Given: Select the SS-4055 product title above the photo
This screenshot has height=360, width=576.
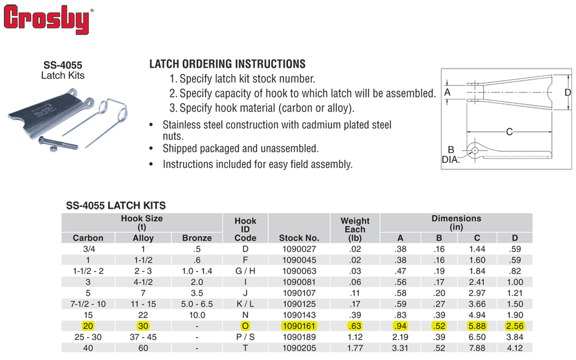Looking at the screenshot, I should coord(62,64).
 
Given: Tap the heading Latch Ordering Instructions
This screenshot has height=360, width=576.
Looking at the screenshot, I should coord(227,64).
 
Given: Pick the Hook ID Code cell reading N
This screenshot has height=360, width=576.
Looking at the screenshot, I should coord(245,315).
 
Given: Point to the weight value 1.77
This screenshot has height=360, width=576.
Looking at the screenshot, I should coord(355,348).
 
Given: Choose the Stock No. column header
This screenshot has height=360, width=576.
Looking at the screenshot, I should coord(299,238).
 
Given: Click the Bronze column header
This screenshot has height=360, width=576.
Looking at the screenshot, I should coord(197,238).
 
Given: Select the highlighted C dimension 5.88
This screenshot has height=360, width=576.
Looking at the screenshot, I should coord(477,326).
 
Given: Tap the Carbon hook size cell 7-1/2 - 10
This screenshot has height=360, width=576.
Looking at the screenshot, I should coord(88,304).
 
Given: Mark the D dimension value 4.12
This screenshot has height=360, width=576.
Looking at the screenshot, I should coord(515,348).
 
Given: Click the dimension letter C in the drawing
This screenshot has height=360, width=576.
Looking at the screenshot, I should coord(509,131).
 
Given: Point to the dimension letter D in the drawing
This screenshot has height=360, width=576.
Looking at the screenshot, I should coord(567,93).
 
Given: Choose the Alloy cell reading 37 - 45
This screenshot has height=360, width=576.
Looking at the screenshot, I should coord(143,337).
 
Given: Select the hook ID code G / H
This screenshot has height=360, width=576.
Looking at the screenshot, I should coord(245,271).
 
